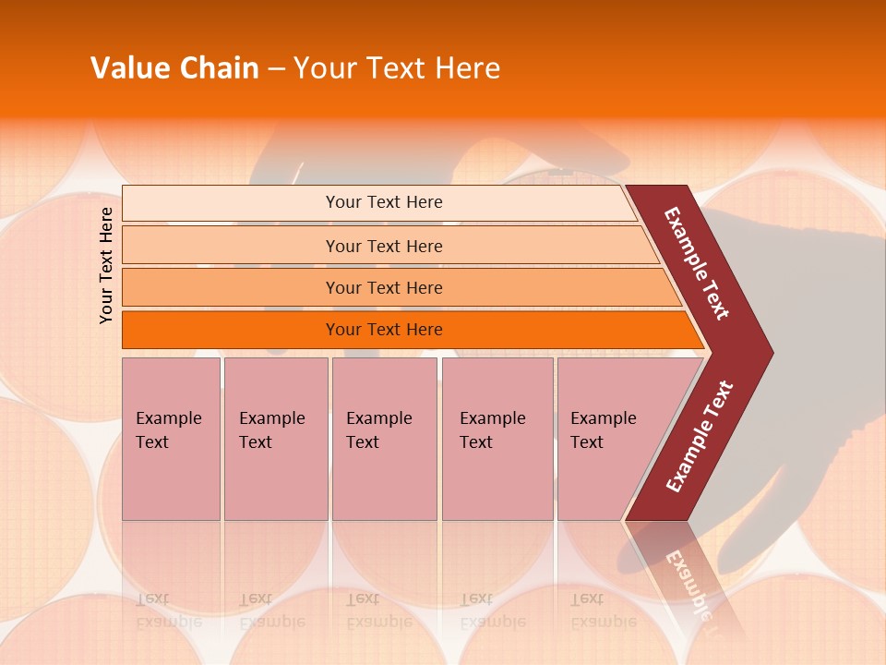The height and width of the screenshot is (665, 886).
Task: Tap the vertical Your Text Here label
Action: tap(106, 265)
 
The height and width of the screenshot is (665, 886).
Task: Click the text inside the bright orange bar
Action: tap(384, 330)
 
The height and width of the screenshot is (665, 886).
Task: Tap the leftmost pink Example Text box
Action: tap(171, 439)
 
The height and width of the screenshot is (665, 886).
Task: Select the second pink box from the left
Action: tap(275, 439)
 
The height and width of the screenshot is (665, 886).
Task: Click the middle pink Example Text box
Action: tap(384, 439)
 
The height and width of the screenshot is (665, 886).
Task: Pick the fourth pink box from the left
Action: tap(497, 439)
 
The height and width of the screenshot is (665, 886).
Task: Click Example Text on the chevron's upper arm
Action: tap(697, 263)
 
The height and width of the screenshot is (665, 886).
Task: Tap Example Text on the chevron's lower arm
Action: tap(700, 437)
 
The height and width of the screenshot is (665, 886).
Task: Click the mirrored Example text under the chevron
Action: tap(688, 582)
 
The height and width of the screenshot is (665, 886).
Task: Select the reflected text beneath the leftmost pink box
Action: tap(168, 610)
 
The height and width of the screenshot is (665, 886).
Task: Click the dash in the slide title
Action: tap(276, 69)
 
